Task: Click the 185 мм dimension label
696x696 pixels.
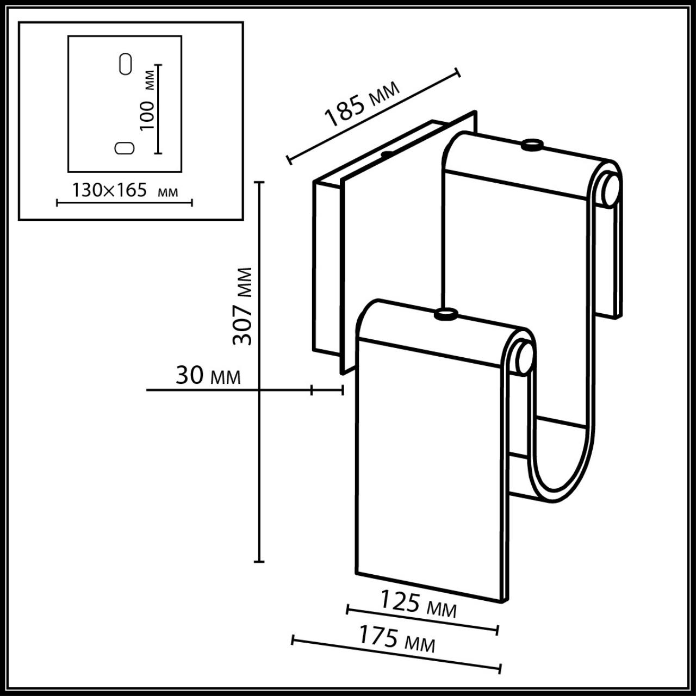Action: (x=362, y=103)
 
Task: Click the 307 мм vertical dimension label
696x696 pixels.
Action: (x=243, y=306)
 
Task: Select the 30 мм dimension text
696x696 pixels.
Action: (x=208, y=376)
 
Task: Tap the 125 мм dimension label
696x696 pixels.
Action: (x=418, y=604)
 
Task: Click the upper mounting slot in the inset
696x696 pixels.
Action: (x=125, y=64)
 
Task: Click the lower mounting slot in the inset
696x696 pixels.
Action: (x=125, y=148)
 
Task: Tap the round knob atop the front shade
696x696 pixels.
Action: (x=446, y=314)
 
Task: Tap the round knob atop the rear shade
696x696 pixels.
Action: (x=531, y=145)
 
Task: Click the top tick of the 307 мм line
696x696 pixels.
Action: (x=260, y=183)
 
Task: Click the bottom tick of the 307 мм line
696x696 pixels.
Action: (x=260, y=561)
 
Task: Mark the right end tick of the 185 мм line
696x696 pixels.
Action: (x=457, y=73)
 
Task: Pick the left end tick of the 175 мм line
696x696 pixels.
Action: (x=293, y=639)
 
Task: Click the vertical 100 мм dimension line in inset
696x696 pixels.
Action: (x=158, y=109)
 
